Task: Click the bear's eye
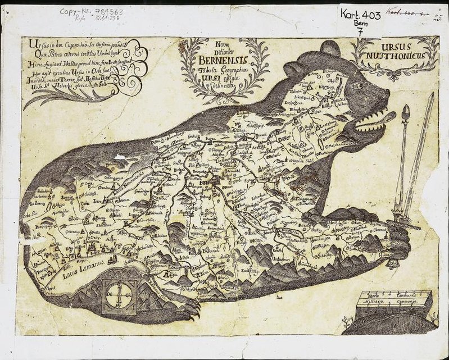(357, 86)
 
